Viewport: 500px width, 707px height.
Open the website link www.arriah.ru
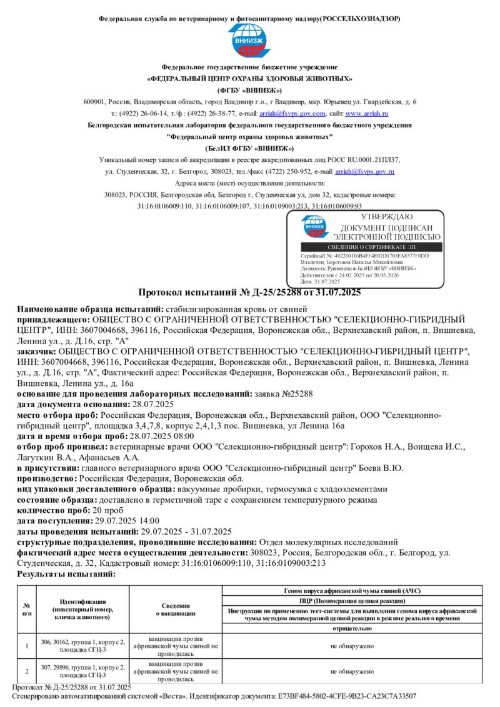(x=367, y=114)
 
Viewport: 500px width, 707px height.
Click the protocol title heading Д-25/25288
(x=249, y=292)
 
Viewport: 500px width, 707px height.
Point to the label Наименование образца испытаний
(x=89, y=309)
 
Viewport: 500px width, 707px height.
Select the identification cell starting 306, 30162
(x=82, y=646)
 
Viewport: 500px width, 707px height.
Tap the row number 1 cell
(x=27, y=646)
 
